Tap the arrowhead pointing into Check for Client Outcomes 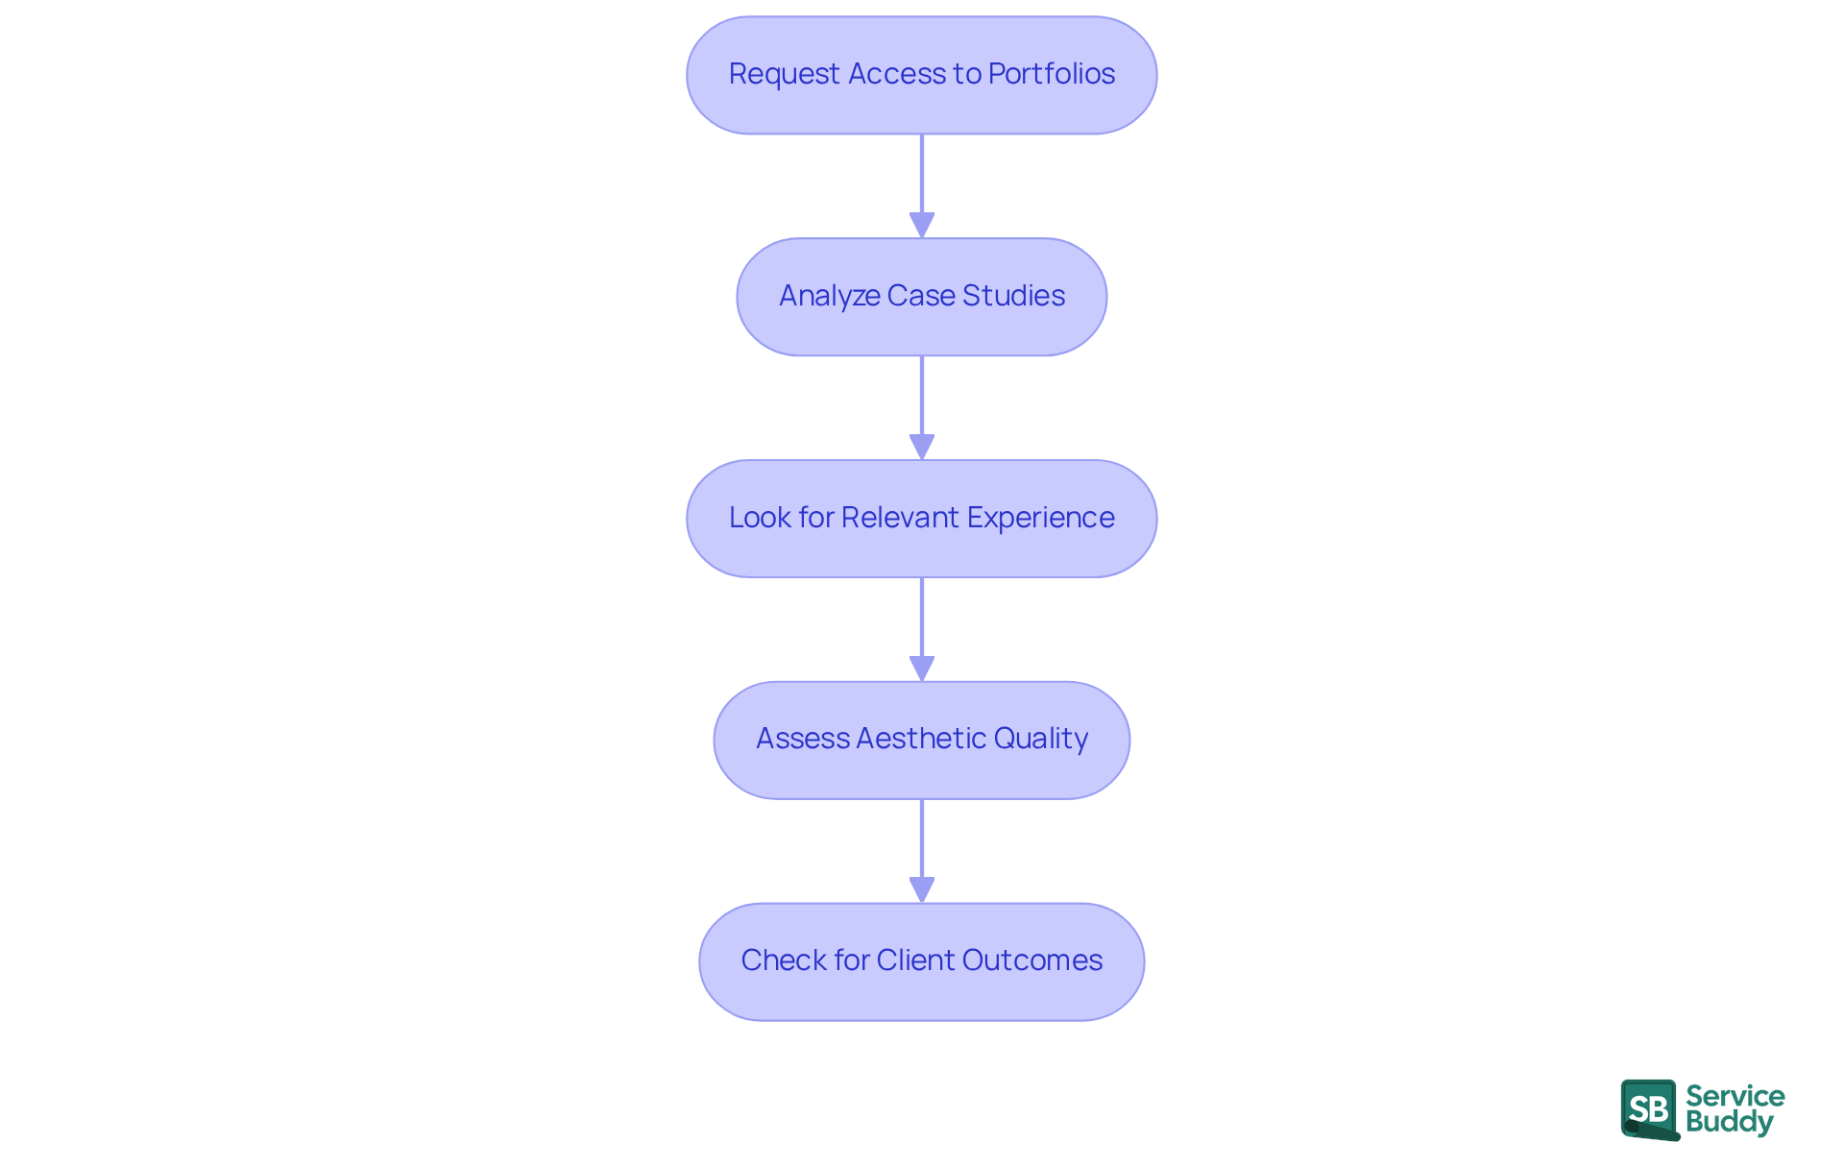pyautogui.click(x=921, y=889)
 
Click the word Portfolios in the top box pyautogui.click(x=1051, y=74)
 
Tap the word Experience pyautogui.click(x=1040, y=518)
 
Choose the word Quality pyautogui.click(x=1040, y=739)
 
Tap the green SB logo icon pyautogui.click(x=1649, y=1109)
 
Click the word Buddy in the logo pyautogui.click(x=1729, y=1123)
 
